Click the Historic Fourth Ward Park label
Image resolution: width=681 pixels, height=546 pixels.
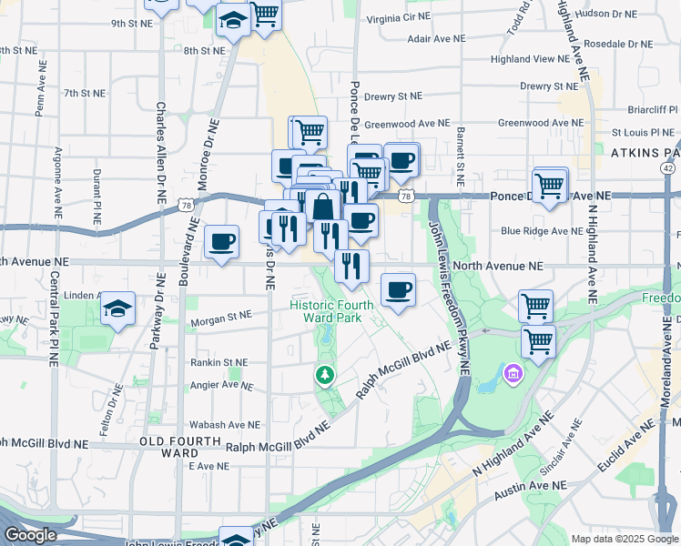326,310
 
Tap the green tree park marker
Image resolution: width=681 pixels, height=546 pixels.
324,374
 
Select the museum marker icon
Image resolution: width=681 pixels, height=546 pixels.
513,373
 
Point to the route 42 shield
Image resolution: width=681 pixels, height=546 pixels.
668,168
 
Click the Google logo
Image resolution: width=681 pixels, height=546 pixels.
30,535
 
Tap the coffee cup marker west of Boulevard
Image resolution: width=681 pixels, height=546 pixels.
222,242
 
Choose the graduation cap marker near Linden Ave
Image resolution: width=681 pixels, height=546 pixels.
117,308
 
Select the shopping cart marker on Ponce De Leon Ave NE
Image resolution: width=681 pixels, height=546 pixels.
550,186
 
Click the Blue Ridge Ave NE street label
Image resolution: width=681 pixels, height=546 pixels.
542,231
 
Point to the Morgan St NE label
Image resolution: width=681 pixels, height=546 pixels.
219,318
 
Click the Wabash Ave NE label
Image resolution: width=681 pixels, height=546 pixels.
224,425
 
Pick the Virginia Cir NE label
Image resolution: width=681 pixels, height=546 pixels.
397,18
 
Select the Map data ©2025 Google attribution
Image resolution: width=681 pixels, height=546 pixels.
624,538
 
